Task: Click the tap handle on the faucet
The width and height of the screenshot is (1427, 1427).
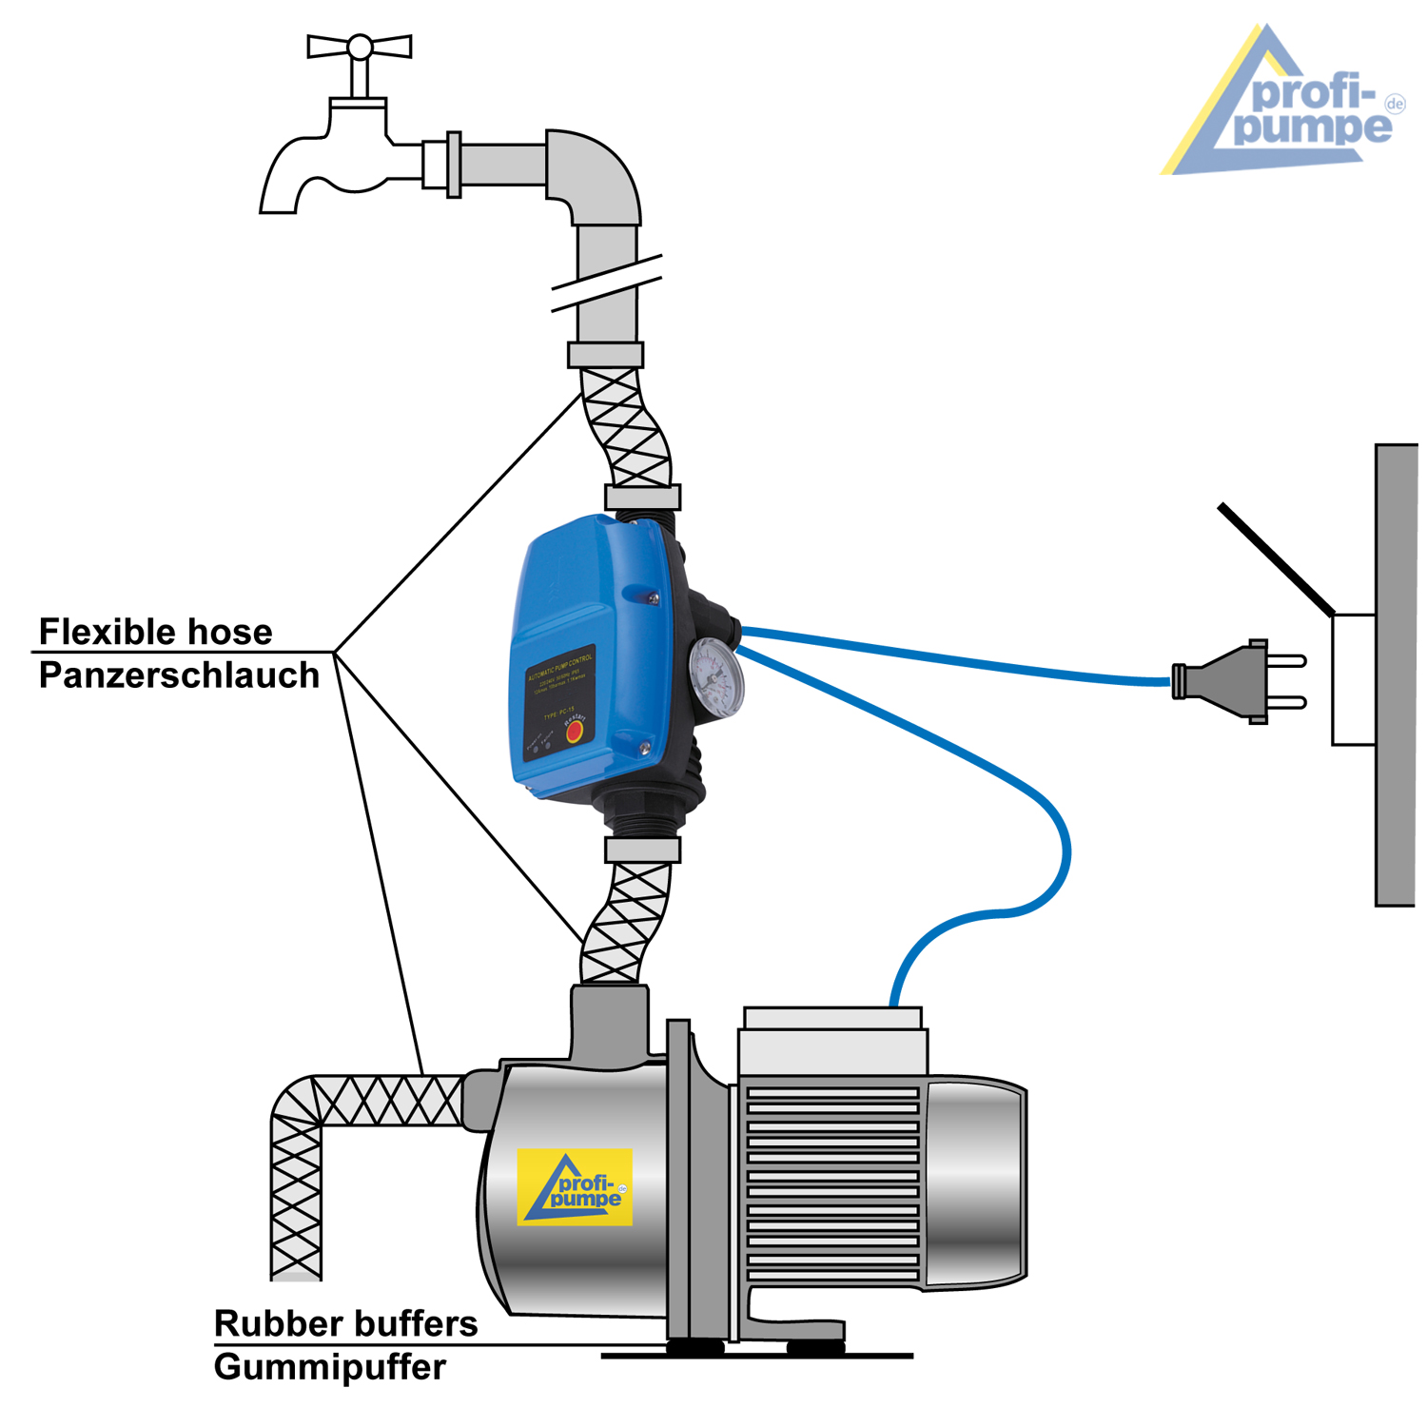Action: pos(360,47)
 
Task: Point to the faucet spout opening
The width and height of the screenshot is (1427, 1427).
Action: pos(278,207)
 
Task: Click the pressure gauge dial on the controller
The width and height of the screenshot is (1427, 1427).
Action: pos(716,675)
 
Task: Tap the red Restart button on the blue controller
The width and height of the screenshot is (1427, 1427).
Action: pos(574,731)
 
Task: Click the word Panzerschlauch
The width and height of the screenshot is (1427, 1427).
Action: pos(179,675)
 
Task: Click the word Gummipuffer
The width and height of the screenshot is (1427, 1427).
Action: pos(329,1367)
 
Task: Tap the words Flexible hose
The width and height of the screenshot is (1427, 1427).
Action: pos(155,632)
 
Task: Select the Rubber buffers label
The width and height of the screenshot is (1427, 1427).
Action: pos(345,1323)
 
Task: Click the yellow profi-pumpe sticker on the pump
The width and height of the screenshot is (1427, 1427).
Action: pos(575,1187)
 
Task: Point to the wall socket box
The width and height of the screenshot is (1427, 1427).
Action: pos(1353,679)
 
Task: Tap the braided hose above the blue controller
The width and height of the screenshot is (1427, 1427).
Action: pos(624,428)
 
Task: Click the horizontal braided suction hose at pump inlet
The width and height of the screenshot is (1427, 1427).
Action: pos(385,1101)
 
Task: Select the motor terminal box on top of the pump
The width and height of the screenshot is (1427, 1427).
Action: pos(833,1042)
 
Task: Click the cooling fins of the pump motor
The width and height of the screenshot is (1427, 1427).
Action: pos(831,1184)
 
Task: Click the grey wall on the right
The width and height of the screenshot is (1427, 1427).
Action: pos(1396,675)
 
